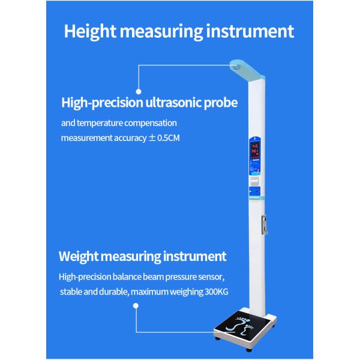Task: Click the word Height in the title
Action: point(90,31)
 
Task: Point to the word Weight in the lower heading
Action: point(79,257)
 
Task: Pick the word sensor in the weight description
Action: point(210,277)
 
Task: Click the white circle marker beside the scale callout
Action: point(136,306)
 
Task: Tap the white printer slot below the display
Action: point(254,179)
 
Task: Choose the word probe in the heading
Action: point(221,103)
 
